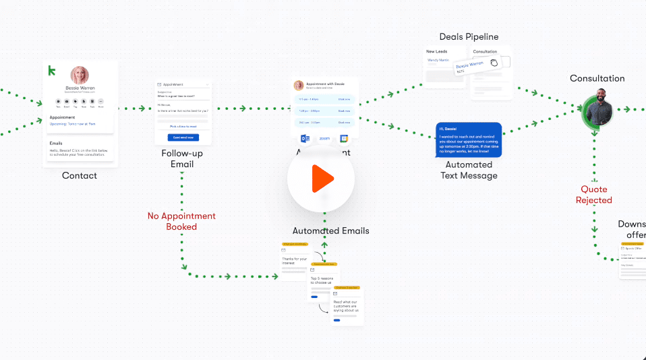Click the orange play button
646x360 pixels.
click(322, 179)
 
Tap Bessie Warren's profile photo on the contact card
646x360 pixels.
click(80, 75)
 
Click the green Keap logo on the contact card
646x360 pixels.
click(51, 70)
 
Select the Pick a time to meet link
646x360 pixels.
click(183, 126)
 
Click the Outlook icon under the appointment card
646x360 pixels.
click(305, 138)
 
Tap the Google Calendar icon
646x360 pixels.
click(343, 138)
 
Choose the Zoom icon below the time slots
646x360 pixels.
click(324, 138)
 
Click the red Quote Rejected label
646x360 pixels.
click(593, 195)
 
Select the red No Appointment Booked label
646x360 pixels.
click(181, 221)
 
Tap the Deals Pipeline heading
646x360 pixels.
click(469, 37)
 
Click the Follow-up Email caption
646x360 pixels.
click(182, 158)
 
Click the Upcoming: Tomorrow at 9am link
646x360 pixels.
click(73, 124)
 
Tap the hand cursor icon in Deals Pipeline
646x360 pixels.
click(494, 63)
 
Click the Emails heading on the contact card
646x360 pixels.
click(56, 143)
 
